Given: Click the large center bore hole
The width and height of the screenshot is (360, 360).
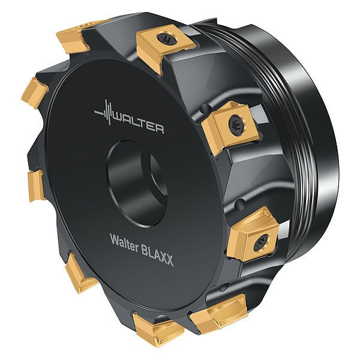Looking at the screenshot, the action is tap(137, 184).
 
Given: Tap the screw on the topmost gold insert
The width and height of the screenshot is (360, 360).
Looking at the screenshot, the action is tap(167, 39).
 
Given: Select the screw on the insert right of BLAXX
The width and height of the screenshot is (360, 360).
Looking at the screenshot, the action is tap(260, 242).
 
